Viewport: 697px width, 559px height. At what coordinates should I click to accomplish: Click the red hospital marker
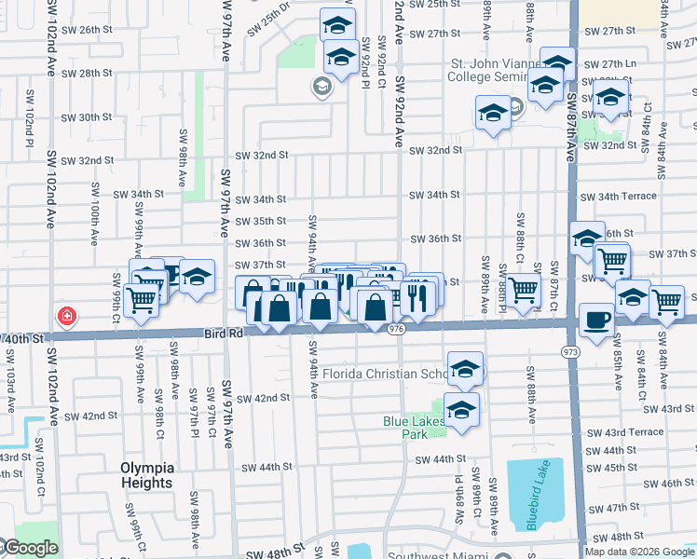66,316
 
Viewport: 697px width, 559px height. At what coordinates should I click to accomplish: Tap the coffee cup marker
596,319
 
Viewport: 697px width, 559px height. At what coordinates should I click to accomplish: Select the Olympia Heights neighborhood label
146,475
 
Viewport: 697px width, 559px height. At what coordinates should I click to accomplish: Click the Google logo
30,548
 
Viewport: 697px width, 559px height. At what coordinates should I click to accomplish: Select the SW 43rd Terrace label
634,432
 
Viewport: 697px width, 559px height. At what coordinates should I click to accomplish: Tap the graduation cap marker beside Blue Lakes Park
461,410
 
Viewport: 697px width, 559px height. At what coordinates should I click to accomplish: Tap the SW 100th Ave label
95,214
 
